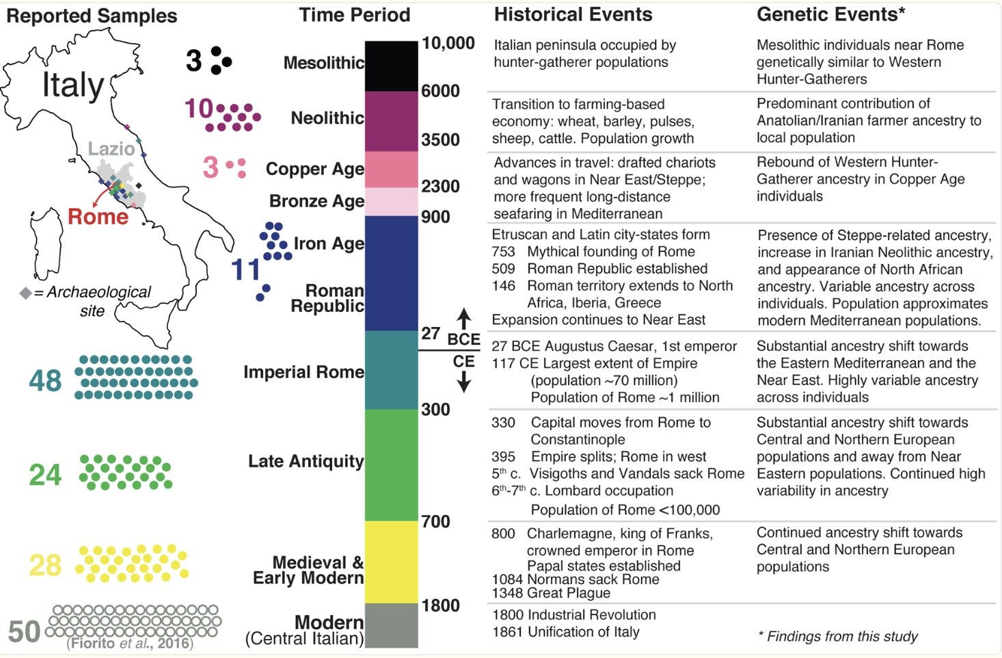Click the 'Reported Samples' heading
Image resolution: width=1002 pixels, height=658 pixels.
pos(92,16)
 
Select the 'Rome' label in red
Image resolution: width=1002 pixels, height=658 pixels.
pos(98,217)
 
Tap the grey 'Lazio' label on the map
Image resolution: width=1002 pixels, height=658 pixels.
pos(111,148)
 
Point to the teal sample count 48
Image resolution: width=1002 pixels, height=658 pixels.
pos(45,380)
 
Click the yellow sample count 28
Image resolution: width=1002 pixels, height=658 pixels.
pos(45,565)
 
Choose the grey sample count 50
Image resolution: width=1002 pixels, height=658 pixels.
pos(24,631)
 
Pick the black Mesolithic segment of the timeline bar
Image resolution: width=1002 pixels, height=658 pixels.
pos(391,66)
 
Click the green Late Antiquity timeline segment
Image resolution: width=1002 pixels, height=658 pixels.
pos(391,465)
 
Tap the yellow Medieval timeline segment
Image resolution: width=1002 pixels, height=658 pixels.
pos(391,562)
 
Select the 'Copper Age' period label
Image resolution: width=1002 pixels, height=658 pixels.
pos(314,169)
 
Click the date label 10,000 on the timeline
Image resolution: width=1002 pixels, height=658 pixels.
pos(448,43)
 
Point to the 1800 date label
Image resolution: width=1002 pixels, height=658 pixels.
pos(440,605)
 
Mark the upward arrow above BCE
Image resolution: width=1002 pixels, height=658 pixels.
pos(463,319)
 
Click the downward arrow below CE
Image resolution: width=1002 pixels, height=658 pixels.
pos(463,381)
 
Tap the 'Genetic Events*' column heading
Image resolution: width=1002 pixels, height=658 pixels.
pos(830,14)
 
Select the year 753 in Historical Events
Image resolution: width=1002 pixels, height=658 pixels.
pos(503,252)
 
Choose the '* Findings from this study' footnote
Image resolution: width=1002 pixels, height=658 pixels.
pos(837,636)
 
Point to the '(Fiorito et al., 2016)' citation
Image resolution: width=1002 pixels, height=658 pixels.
pos(130,644)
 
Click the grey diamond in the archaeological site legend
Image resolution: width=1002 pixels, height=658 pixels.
pos(25,293)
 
